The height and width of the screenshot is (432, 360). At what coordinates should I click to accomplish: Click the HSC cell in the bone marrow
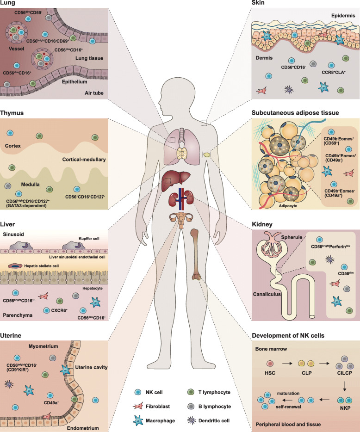pyautogui.click(x=270, y=364)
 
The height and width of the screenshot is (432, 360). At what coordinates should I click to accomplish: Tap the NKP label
pyautogui.click(x=345, y=408)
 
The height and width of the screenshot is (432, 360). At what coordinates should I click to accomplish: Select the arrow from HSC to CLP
pyautogui.click(x=287, y=364)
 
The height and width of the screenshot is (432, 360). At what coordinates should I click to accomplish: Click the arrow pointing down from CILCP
pyautogui.click(x=345, y=386)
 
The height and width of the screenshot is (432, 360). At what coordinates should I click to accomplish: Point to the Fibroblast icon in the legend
pyautogui.click(x=138, y=406)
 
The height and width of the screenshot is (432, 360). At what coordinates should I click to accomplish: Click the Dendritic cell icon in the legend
pyautogui.click(x=191, y=420)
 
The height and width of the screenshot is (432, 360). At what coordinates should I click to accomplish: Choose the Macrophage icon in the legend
pyautogui.click(x=138, y=421)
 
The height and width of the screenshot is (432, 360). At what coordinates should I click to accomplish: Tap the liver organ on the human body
pyautogui.click(x=175, y=180)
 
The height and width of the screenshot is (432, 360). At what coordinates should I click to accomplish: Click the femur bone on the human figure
pyautogui.click(x=195, y=255)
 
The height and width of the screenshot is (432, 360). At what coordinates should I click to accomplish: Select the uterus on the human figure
pyautogui.click(x=181, y=220)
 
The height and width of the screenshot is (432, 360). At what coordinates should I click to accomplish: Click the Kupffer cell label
pyautogui.click(x=89, y=239)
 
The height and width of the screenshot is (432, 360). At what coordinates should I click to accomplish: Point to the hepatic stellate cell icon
pyautogui.click(x=15, y=266)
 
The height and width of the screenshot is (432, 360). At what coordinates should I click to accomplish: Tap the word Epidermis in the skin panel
pyautogui.click(x=343, y=15)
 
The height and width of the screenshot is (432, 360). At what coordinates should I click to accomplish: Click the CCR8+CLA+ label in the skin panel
pyautogui.click(x=334, y=73)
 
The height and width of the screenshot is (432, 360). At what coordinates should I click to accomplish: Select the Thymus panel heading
pyautogui.click(x=12, y=113)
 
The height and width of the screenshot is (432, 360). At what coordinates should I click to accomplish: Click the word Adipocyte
pyautogui.click(x=288, y=206)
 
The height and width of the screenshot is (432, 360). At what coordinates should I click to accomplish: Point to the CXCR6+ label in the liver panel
pyautogui.click(x=59, y=310)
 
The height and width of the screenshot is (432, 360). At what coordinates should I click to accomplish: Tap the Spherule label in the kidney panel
pyautogui.click(x=292, y=237)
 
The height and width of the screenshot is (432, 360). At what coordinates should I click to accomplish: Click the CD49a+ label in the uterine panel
pyautogui.click(x=51, y=403)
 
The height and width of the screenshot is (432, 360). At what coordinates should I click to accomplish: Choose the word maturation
pyautogui.click(x=288, y=394)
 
